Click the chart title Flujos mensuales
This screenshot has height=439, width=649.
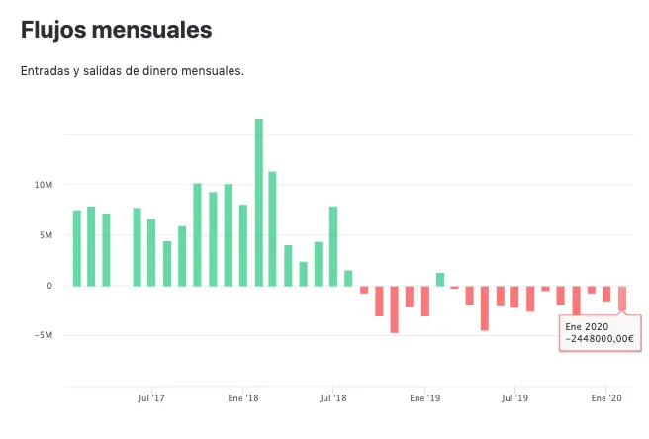click(117, 30)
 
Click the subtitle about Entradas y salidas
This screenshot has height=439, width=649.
click(133, 71)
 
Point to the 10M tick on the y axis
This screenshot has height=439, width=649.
click(44, 185)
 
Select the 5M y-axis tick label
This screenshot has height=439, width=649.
click(46, 235)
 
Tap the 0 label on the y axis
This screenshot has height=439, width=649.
click(49, 286)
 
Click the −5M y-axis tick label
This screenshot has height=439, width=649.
click(44, 335)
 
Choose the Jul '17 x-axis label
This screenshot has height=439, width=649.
click(151, 398)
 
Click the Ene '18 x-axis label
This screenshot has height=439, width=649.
click(243, 398)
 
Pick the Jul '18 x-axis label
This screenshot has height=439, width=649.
click(333, 398)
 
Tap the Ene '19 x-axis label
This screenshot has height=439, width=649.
click(425, 398)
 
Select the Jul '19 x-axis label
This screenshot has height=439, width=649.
click(514, 398)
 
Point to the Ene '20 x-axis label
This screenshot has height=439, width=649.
click(606, 398)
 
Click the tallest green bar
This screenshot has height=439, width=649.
click(259, 203)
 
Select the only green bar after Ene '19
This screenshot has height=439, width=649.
click(440, 280)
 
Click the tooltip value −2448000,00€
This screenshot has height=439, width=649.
click(600, 339)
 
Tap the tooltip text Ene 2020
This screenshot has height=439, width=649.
click(587, 327)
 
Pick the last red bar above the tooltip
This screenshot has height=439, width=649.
click(622, 299)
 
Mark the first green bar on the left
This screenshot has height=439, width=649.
click(77, 248)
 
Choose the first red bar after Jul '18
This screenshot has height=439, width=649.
click(364, 290)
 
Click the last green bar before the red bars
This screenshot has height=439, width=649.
click(348, 279)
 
